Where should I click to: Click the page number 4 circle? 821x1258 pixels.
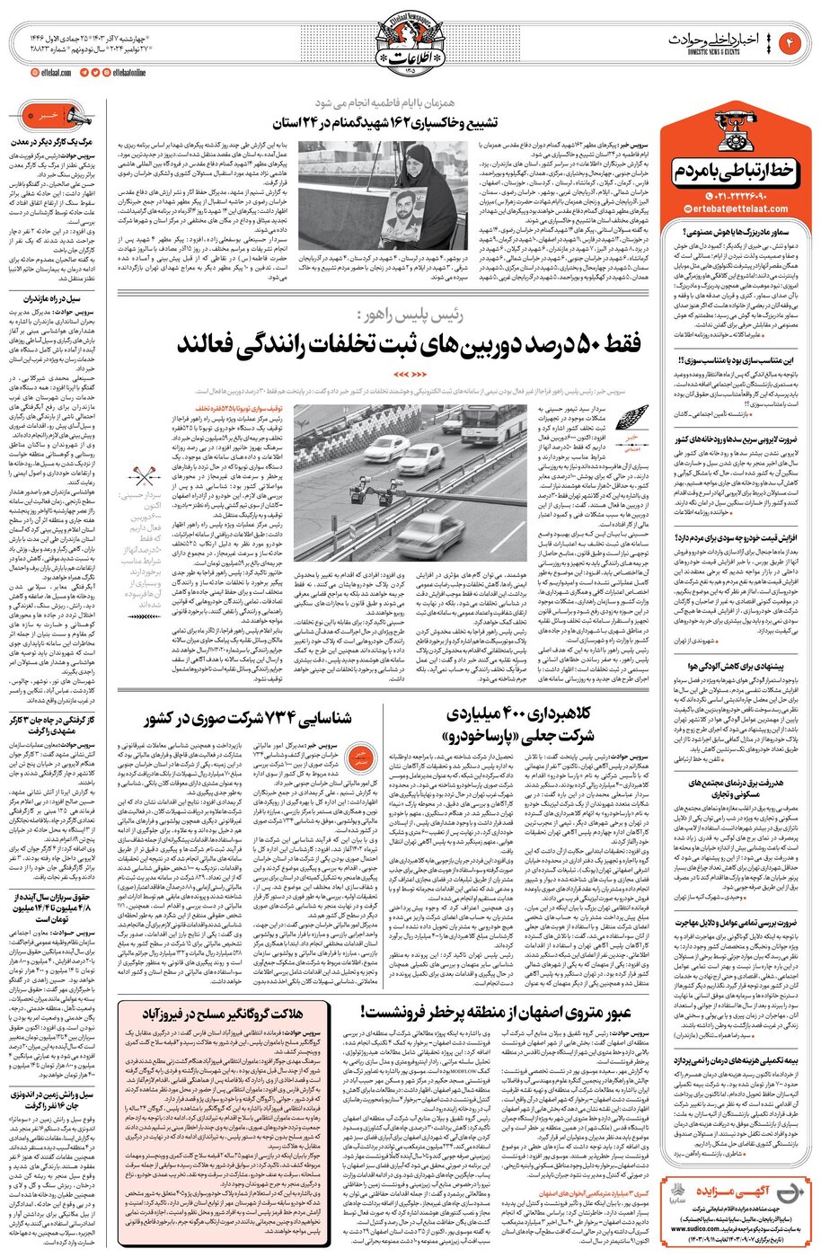(792, 41)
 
